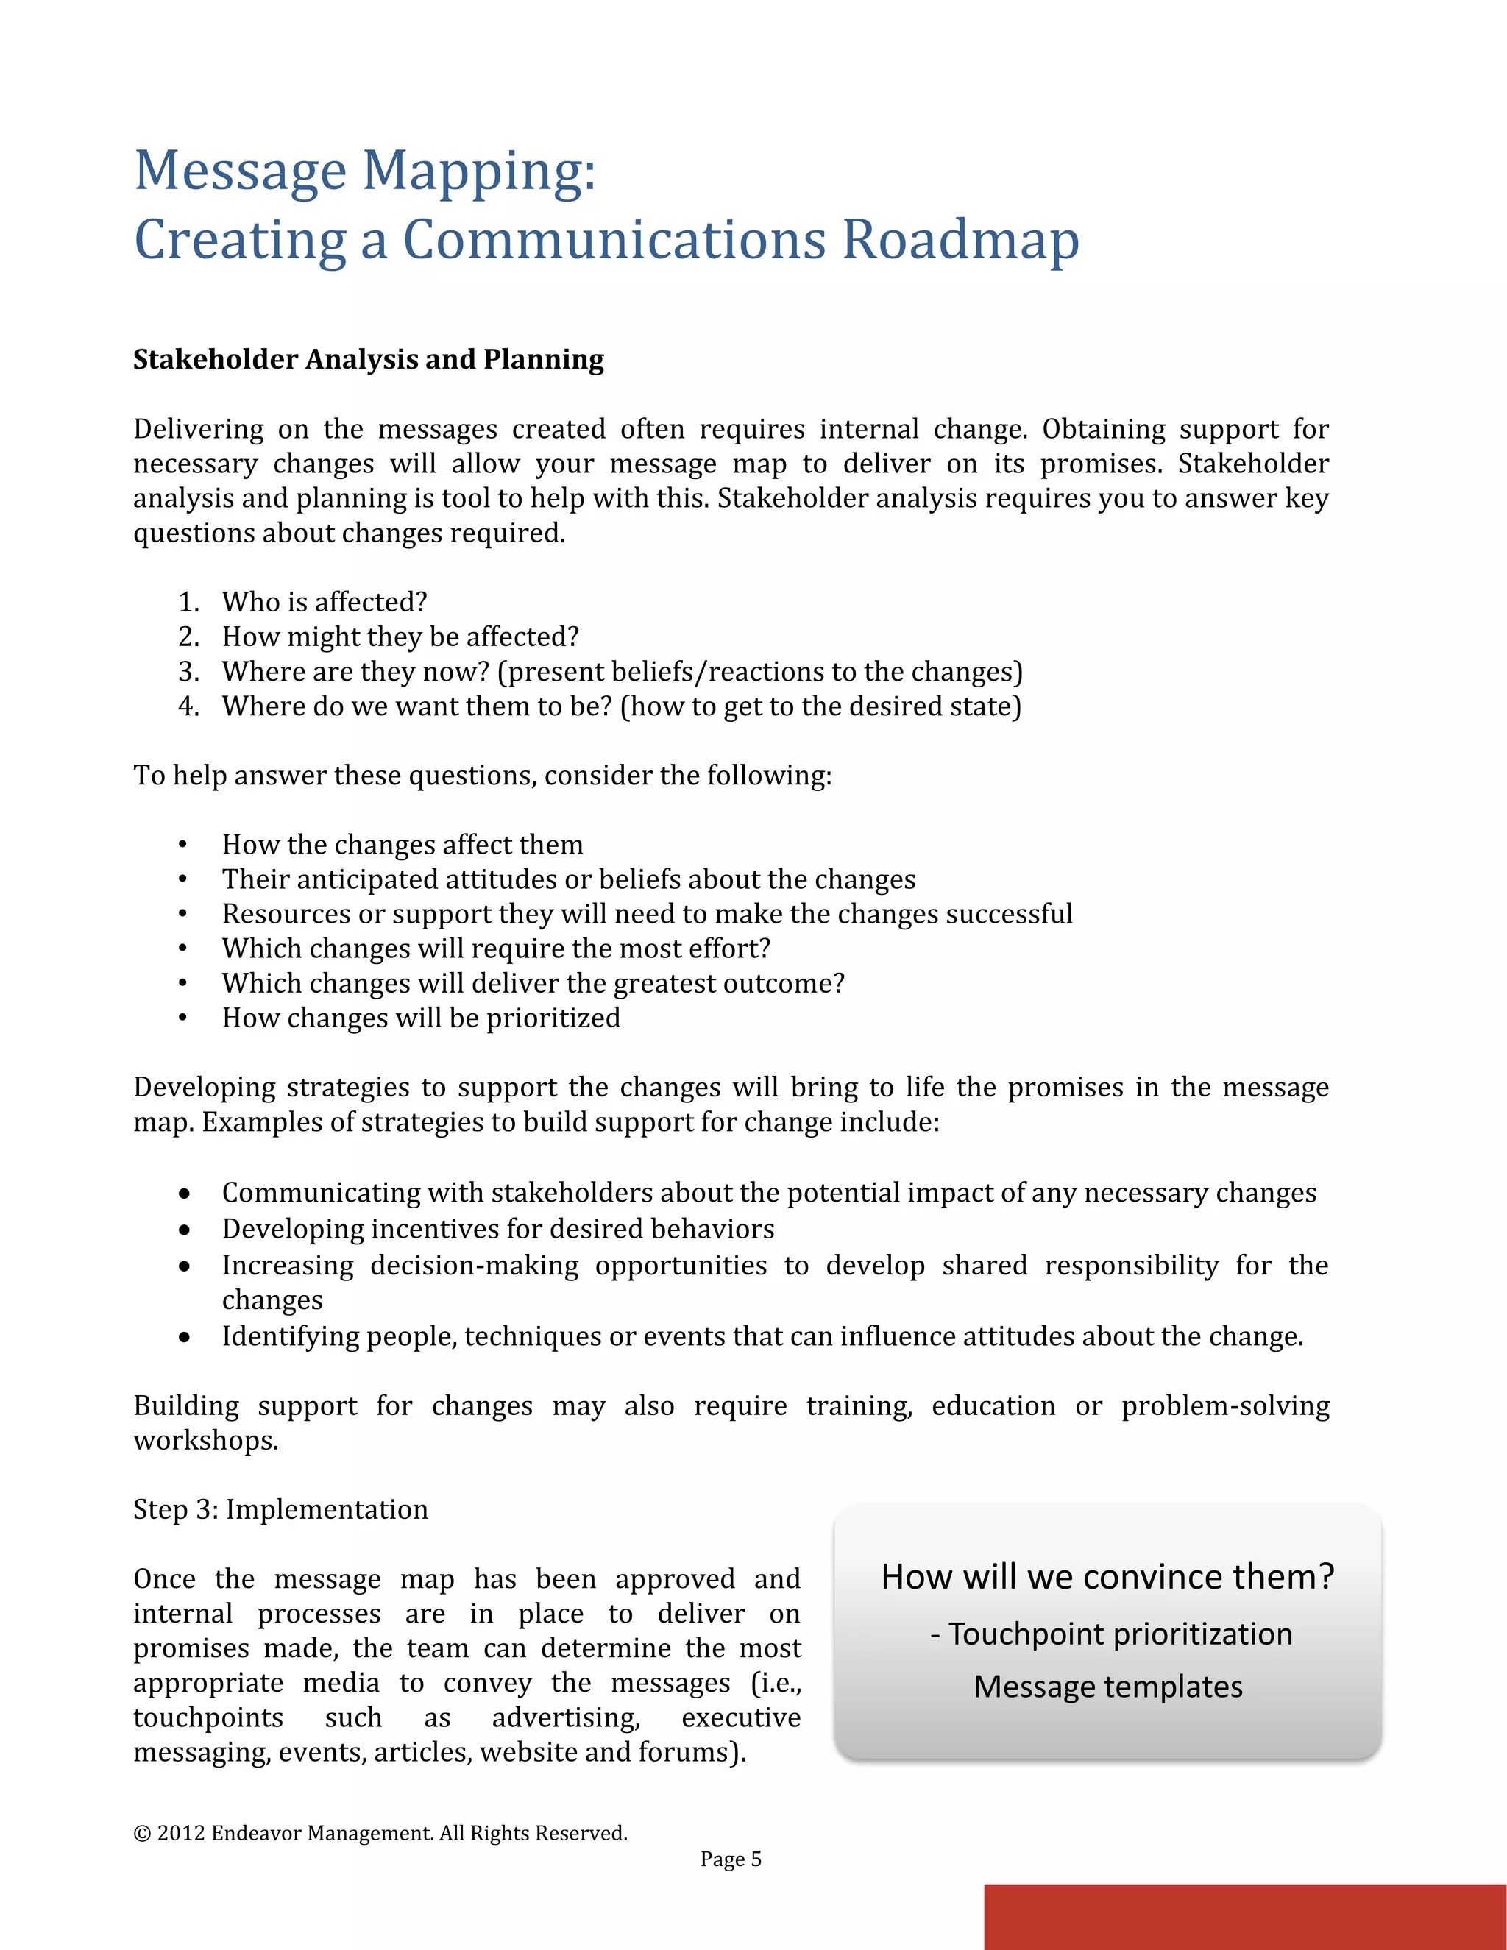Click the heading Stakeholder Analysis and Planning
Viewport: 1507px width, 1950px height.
369,359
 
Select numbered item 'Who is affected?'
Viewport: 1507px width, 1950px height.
324,602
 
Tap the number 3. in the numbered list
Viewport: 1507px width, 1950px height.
188,671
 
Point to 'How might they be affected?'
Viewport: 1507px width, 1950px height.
400,637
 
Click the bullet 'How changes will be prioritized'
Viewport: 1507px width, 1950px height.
420,1018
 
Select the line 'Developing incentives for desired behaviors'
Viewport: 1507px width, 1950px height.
497,1229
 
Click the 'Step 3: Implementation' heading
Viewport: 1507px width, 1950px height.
280,1509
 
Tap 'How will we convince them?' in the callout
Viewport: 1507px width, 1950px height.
1107,1577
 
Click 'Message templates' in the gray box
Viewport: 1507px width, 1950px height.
1107,1687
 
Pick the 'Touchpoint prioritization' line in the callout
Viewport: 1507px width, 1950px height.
1119,1634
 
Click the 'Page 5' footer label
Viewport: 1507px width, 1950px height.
730,1859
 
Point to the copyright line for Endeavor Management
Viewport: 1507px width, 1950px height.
380,1833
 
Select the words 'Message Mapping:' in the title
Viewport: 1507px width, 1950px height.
364,171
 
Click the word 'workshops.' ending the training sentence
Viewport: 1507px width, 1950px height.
206,1441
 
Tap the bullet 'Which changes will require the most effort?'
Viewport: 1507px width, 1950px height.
495,949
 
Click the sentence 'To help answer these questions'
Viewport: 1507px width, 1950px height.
482,775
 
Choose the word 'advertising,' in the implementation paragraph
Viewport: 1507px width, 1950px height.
566,1718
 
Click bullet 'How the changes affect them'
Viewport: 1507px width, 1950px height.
402,845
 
